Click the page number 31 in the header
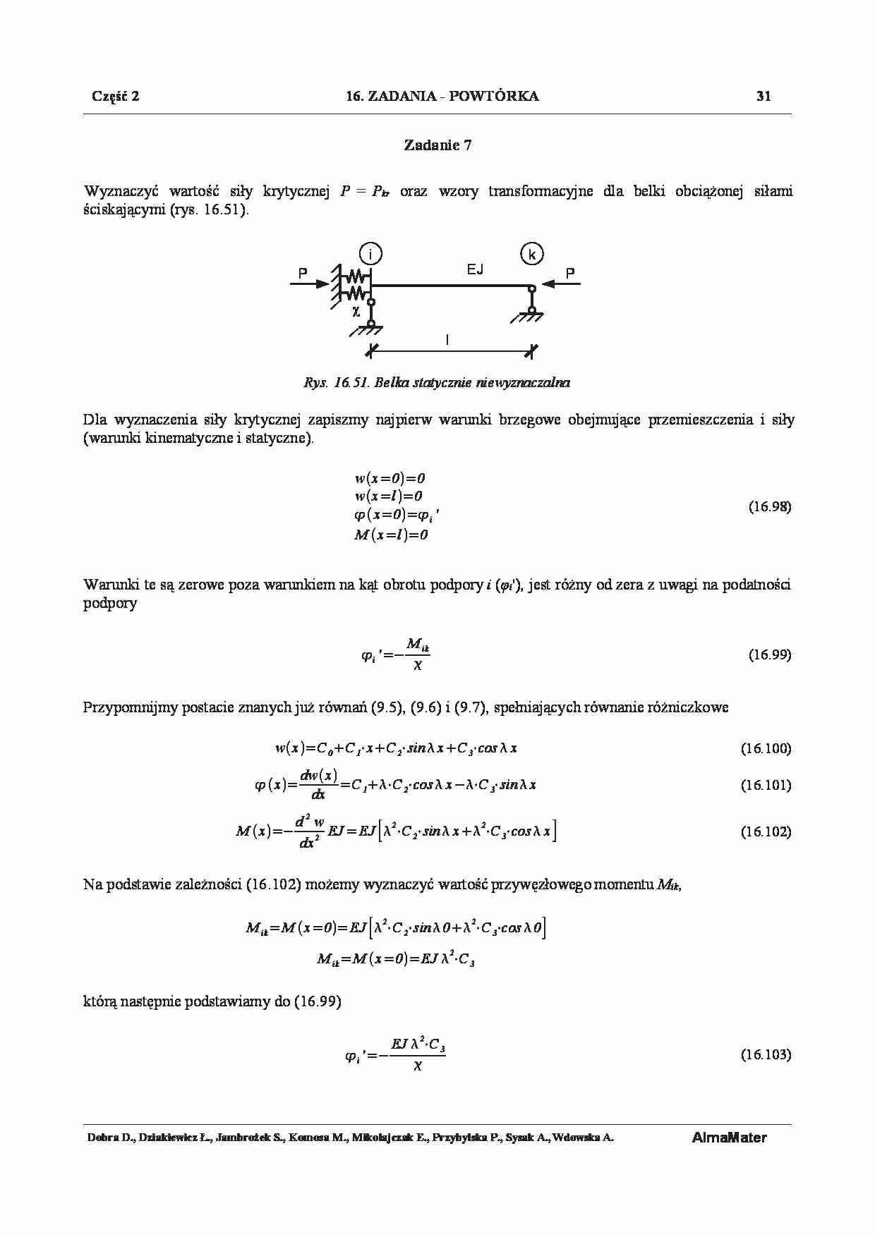(x=764, y=97)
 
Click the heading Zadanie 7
(x=437, y=145)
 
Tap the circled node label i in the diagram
(x=370, y=253)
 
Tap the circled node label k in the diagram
(x=531, y=253)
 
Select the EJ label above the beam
(x=475, y=269)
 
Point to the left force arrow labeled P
(x=310, y=284)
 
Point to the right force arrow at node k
(x=565, y=284)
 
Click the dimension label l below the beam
(x=447, y=339)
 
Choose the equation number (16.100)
(x=766, y=748)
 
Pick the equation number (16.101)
(x=766, y=785)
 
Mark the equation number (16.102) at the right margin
(x=766, y=831)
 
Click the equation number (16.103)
(x=766, y=1054)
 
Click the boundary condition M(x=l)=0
(x=391, y=535)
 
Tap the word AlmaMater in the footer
(x=729, y=1138)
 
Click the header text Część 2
(x=116, y=97)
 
